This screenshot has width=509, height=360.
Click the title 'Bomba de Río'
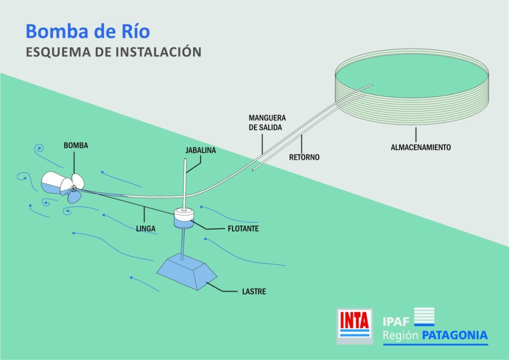[x=87, y=31]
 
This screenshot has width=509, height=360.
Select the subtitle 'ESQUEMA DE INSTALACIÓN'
[x=113, y=52]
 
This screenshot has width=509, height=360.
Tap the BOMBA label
[x=75, y=145]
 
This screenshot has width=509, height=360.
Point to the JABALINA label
[x=200, y=150]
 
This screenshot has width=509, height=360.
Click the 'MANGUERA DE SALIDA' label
[x=267, y=122]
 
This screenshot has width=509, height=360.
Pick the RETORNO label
[x=304, y=157]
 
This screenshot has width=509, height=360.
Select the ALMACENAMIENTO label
[x=420, y=147]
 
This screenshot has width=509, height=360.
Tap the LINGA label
[x=146, y=228]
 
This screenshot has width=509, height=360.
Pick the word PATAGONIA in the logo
[x=454, y=335]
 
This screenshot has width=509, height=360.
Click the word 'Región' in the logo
[x=400, y=335]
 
